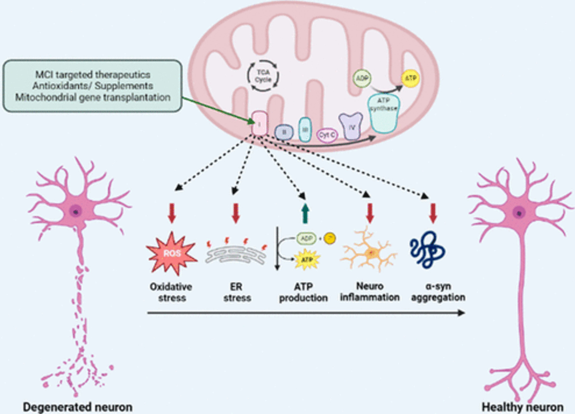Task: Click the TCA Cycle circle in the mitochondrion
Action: (263, 76)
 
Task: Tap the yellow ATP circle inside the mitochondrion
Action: (410, 78)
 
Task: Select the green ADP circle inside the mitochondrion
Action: (362, 78)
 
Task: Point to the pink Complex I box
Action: (259, 123)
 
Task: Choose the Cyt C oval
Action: (327, 135)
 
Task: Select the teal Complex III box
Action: (305, 130)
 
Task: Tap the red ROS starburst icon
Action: (171, 253)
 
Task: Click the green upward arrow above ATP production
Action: (305, 213)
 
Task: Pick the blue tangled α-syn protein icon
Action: (427, 249)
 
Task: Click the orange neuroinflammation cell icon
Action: (369, 252)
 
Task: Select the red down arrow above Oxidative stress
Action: (172, 213)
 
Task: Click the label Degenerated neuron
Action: (78, 407)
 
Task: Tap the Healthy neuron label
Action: (522, 407)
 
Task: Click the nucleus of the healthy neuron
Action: (519, 213)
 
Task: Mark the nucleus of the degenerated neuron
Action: (76, 211)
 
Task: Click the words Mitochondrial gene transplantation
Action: (93, 97)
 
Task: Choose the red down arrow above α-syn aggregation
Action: (433, 213)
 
